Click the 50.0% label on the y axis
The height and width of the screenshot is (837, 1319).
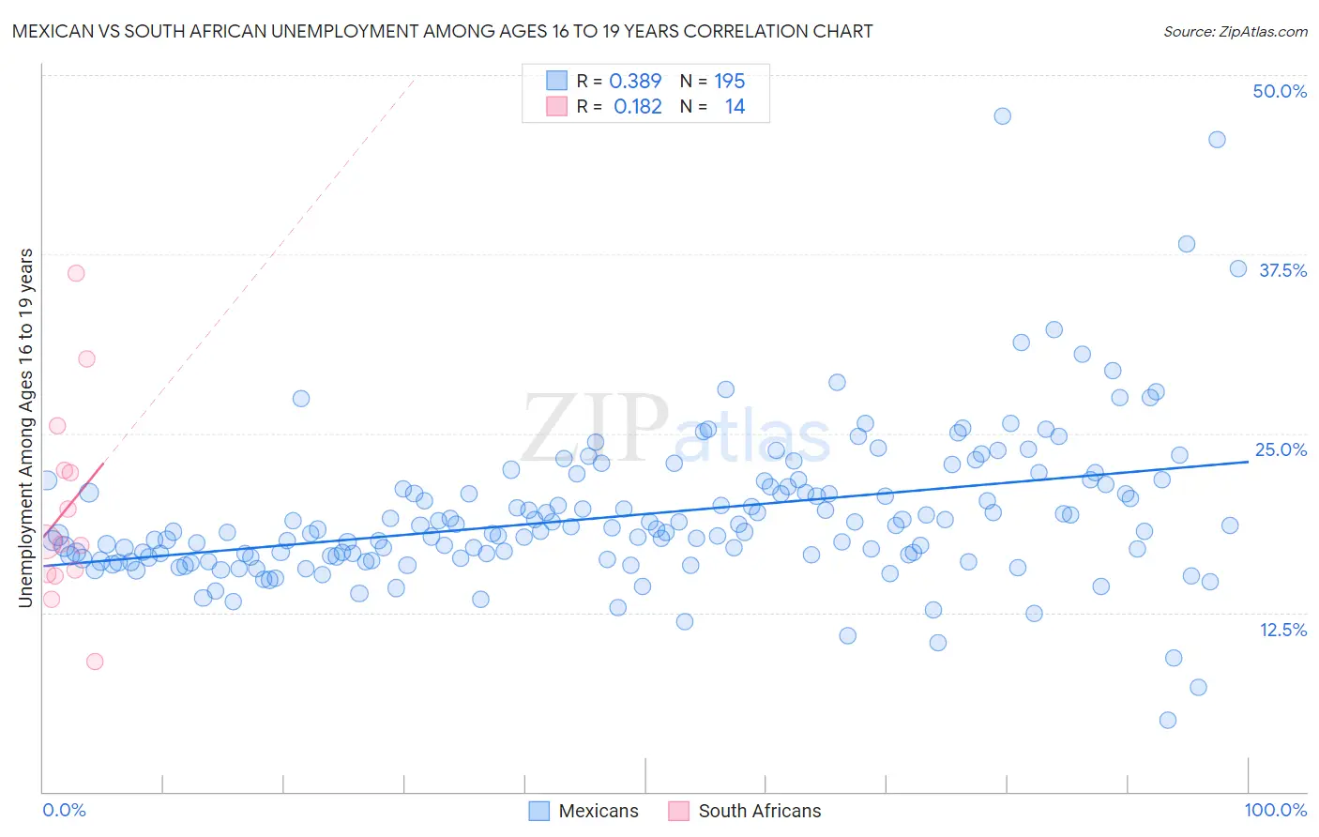coord(1280,91)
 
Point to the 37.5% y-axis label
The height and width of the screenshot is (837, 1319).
coord(1282,270)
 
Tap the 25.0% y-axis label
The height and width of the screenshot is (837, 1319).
coord(1281,449)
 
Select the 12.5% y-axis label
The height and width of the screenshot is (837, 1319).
coord(1282,630)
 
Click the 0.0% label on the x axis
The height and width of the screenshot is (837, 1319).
coord(65,810)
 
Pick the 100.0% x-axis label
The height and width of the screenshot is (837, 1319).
coord(1275,810)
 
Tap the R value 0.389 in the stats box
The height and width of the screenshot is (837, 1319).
coord(635,82)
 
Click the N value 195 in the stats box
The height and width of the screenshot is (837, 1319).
coord(729,82)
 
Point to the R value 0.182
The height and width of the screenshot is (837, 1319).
coord(637,107)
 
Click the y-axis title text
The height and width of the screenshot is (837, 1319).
coord(26,428)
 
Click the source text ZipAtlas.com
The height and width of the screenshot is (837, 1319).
coord(1235,31)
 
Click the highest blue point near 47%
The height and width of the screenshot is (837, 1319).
coord(1002,116)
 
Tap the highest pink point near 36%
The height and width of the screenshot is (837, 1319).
coord(76,273)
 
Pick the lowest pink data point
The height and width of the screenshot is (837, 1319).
coord(95,662)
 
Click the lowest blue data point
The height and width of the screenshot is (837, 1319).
coord(1168,721)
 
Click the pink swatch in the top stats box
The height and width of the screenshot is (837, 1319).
coord(557,107)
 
